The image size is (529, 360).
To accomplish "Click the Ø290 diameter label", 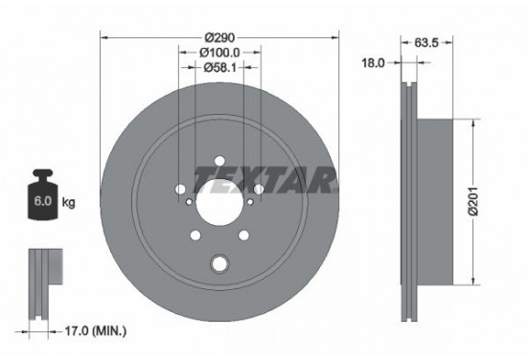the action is point(219,37).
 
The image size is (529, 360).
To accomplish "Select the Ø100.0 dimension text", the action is point(219,53).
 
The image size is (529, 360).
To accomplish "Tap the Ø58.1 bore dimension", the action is point(219,68).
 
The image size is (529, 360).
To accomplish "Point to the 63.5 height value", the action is point(426,42).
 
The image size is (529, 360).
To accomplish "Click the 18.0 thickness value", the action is point(373,62).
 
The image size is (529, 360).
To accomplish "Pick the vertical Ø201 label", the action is point(473,201).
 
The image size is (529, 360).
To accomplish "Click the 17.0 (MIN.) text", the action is point(96,331).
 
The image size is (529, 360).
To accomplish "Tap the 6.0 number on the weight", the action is point(43,201).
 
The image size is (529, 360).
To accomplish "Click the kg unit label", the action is point(68,202).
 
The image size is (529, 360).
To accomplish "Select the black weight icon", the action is point(43,194).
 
